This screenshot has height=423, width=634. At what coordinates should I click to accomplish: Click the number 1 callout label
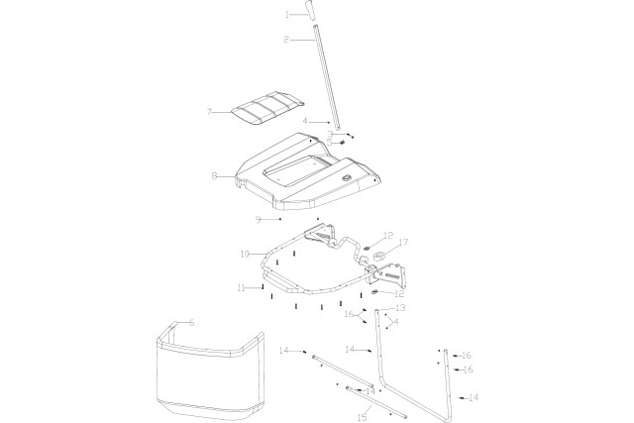287,15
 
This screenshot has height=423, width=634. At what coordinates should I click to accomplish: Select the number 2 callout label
285,40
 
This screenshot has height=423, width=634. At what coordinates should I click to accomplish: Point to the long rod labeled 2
326,79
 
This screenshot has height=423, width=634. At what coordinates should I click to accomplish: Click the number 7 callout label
209,112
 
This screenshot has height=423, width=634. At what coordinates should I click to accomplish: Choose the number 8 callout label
214,176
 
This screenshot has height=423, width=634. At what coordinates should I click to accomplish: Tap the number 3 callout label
331,134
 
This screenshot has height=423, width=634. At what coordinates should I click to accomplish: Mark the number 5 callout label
331,143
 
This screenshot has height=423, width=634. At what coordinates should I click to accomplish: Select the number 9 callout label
258,219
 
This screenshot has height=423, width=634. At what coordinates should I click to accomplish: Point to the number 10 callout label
244,255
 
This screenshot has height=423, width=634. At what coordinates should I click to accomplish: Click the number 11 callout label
240,287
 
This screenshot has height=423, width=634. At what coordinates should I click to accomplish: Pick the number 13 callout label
401,308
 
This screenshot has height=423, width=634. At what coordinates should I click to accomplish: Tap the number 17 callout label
403,242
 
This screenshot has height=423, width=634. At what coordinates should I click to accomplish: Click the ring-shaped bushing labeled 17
379,255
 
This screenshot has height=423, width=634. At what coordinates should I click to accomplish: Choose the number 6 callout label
191,323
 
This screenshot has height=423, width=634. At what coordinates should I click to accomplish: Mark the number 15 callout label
362,417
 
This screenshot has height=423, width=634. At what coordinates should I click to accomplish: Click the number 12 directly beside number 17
388,235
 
